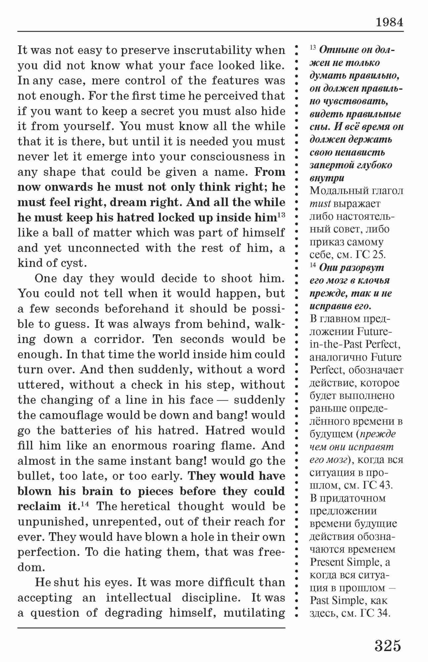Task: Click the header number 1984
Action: pos(389,23)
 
